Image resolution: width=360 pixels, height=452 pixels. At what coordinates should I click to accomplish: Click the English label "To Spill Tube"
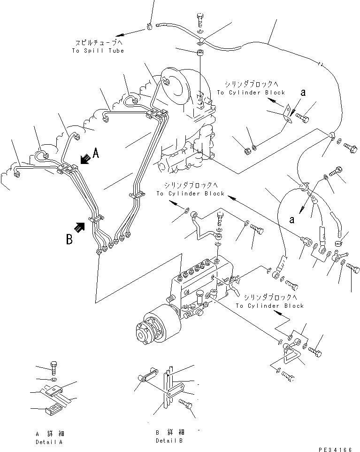click(98, 50)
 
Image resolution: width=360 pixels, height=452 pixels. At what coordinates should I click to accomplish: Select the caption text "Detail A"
click(49, 442)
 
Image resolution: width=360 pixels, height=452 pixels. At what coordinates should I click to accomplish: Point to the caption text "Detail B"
click(170, 440)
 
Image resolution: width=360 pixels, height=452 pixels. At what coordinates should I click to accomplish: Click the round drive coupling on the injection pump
click(151, 327)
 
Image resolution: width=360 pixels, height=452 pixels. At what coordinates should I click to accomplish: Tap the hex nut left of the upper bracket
click(247, 151)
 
